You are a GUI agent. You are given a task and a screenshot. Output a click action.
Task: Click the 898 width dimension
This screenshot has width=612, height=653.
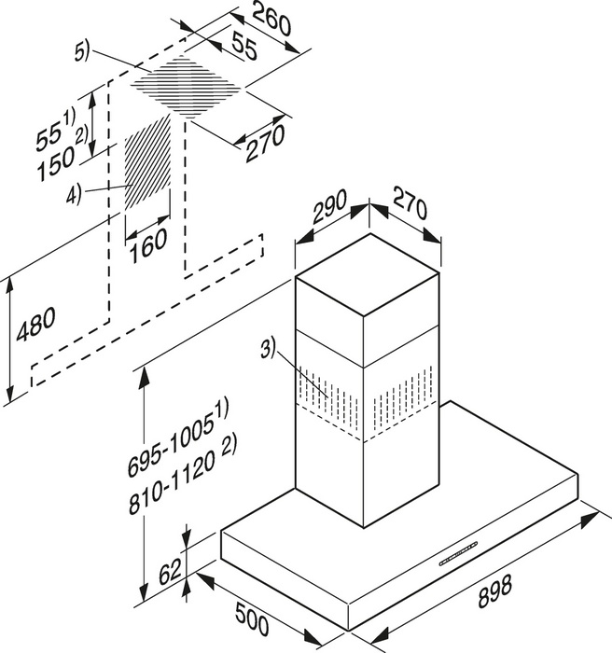tap(497, 590)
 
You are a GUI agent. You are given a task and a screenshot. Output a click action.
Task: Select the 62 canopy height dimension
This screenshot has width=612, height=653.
tap(170, 568)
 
